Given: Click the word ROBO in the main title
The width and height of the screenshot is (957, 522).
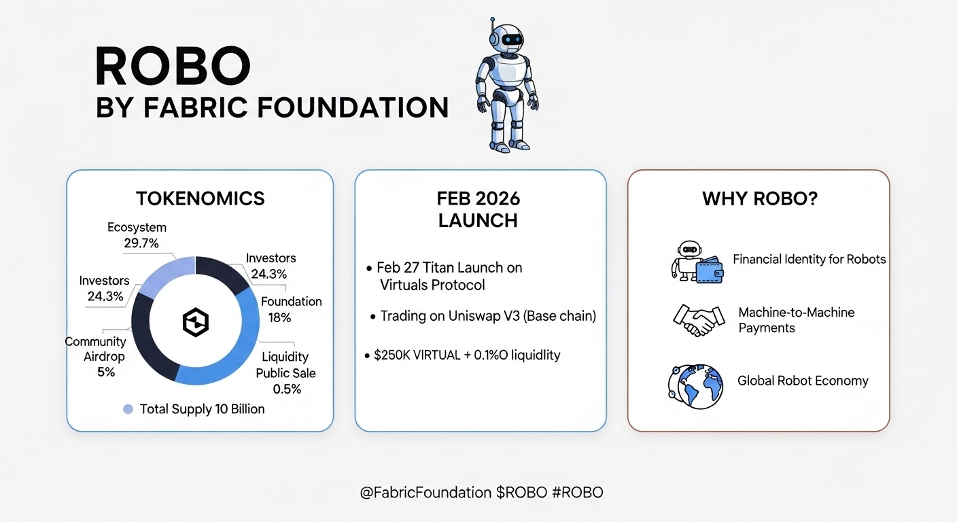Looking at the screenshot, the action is [173, 66].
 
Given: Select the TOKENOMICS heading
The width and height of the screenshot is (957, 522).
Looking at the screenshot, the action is [201, 198].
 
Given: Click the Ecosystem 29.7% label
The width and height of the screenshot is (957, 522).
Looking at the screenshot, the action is [137, 235].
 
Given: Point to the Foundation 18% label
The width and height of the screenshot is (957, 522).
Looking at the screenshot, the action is [292, 309].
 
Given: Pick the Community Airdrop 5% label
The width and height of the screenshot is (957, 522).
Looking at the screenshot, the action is [96, 357].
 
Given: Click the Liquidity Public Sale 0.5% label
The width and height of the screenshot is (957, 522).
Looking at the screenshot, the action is [285, 372].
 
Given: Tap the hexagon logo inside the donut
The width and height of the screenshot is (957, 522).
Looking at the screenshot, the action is [196, 322].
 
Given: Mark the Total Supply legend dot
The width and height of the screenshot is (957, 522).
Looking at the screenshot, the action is [128, 409].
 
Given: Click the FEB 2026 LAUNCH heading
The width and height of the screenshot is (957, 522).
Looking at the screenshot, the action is [478, 210].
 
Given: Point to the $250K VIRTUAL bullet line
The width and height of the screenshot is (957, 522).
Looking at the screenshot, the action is [462, 355].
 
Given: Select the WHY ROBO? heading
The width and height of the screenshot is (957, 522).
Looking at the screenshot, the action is [760, 198].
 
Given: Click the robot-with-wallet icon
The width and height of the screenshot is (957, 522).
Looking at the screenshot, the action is [697, 262].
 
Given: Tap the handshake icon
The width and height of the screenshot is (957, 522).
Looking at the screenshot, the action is [699, 320].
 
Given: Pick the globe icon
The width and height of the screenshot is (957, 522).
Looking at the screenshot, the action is [695, 387].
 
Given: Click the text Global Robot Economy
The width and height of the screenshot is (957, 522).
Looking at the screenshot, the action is [803, 381].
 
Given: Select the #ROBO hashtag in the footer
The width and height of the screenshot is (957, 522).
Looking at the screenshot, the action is [578, 493].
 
